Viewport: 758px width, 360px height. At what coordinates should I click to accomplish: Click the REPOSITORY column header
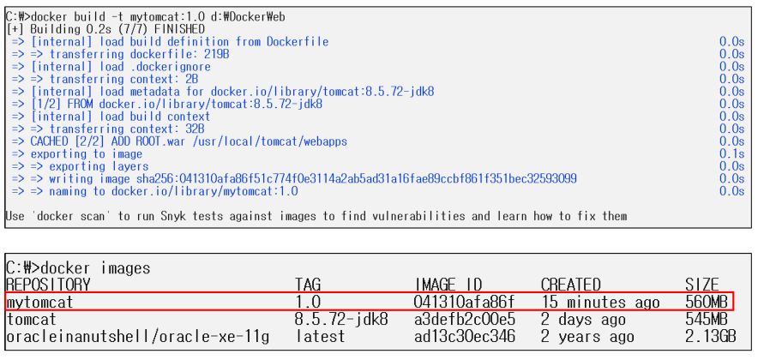(x=48, y=285)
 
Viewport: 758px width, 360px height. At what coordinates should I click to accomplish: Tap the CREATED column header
(x=571, y=285)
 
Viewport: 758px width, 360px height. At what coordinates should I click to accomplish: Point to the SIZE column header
(x=702, y=285)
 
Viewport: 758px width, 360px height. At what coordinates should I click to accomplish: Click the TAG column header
(x=308, y=285)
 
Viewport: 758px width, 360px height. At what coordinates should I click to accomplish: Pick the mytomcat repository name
(x=40, y=303)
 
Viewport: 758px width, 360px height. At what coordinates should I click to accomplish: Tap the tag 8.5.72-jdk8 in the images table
(x=341, y=320)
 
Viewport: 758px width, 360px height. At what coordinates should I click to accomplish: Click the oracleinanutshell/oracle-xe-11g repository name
(x=138, y=337)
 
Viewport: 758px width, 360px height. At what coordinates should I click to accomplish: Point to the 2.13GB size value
(x=710, y=337)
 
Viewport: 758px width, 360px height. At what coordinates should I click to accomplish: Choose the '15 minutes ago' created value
(x=601, y=303)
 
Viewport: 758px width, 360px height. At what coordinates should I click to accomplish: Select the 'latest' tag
(x=322, y=337)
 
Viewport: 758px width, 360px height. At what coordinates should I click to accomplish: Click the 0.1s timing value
(x=731, y=154)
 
